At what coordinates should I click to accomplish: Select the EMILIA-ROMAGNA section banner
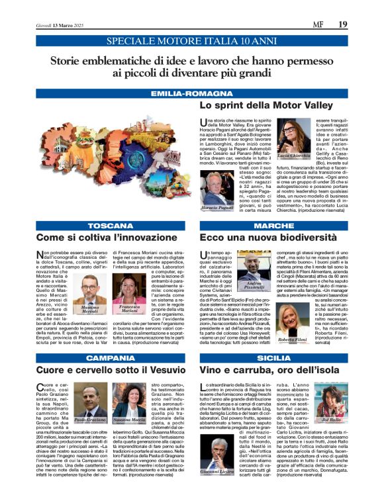point(192,94)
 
